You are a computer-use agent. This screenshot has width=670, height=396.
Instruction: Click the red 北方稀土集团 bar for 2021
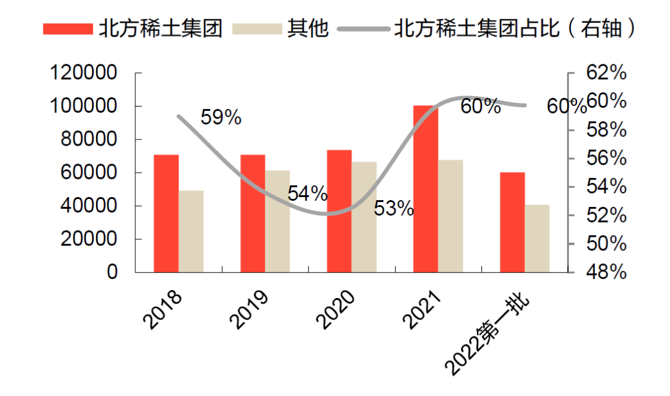(x=426, y=189)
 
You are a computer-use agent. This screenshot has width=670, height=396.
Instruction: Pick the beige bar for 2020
(x=364, y=217)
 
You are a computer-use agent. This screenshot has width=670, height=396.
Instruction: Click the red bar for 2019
(x=252, y=213)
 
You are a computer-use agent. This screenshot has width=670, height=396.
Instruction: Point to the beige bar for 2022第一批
(x=537, y=238)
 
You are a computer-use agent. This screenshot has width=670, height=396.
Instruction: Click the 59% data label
(x=221, y=117)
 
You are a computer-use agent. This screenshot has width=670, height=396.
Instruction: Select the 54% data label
(x=308, y=193)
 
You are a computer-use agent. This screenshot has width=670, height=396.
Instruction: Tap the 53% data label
(x=394, y=209)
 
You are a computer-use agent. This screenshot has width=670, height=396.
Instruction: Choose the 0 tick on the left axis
(x=112, y=272)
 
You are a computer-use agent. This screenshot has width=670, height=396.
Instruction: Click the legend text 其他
(x=307, y=29)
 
